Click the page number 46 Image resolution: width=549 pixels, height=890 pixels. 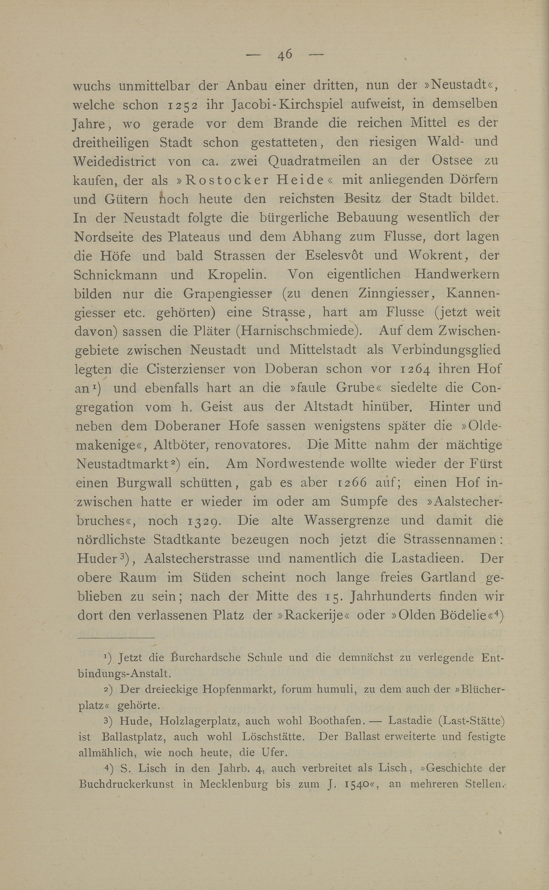pos(285,54)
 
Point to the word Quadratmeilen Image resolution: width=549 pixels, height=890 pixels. pos(314,161)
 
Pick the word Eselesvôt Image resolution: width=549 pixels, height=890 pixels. pos(334,255)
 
